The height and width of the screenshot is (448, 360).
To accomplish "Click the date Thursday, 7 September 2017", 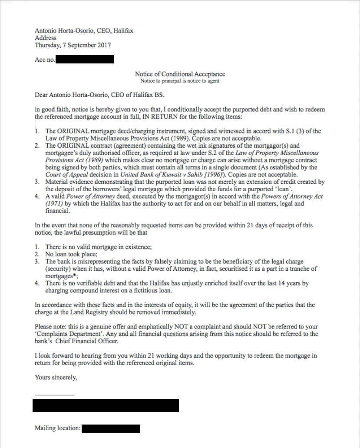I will coord(73,45).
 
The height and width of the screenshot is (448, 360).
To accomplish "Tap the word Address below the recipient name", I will coord(46,38).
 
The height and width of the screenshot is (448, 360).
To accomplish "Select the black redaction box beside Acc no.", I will coord(84,60).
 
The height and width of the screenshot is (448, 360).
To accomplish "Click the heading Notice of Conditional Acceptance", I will coord(180,74).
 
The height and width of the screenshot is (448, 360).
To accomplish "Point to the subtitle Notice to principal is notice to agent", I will coord(180,81).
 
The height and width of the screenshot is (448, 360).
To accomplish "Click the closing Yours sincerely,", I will coord(56,378).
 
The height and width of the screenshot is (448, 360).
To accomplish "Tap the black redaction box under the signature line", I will coord(106,405).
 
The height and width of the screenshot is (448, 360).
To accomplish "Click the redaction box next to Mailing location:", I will coord(111,429).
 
